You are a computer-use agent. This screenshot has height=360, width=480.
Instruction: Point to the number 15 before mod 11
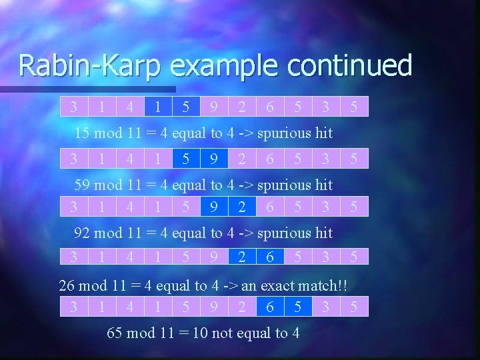[x=82, y=133]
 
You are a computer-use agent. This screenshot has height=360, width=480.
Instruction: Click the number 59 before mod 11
[x=82, y=185]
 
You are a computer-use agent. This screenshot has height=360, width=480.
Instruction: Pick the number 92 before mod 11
[x=82, y=233]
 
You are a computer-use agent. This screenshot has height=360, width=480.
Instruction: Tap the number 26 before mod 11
[x=67, y=286]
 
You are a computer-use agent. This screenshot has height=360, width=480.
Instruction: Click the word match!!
[x=327, y=286]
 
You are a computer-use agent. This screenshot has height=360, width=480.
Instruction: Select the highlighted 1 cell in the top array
[x=157, y=107]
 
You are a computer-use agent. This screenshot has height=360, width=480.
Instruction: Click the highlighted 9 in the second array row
[x=213, y=159]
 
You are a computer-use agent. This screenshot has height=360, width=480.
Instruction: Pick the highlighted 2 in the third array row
[x=241, y=207]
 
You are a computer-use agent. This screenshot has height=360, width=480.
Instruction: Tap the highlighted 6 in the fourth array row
[x=269, y=257]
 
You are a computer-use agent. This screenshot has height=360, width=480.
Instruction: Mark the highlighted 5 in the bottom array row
[x=298, y=306]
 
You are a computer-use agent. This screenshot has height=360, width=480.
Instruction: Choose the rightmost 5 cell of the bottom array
[x=354, y=306]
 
